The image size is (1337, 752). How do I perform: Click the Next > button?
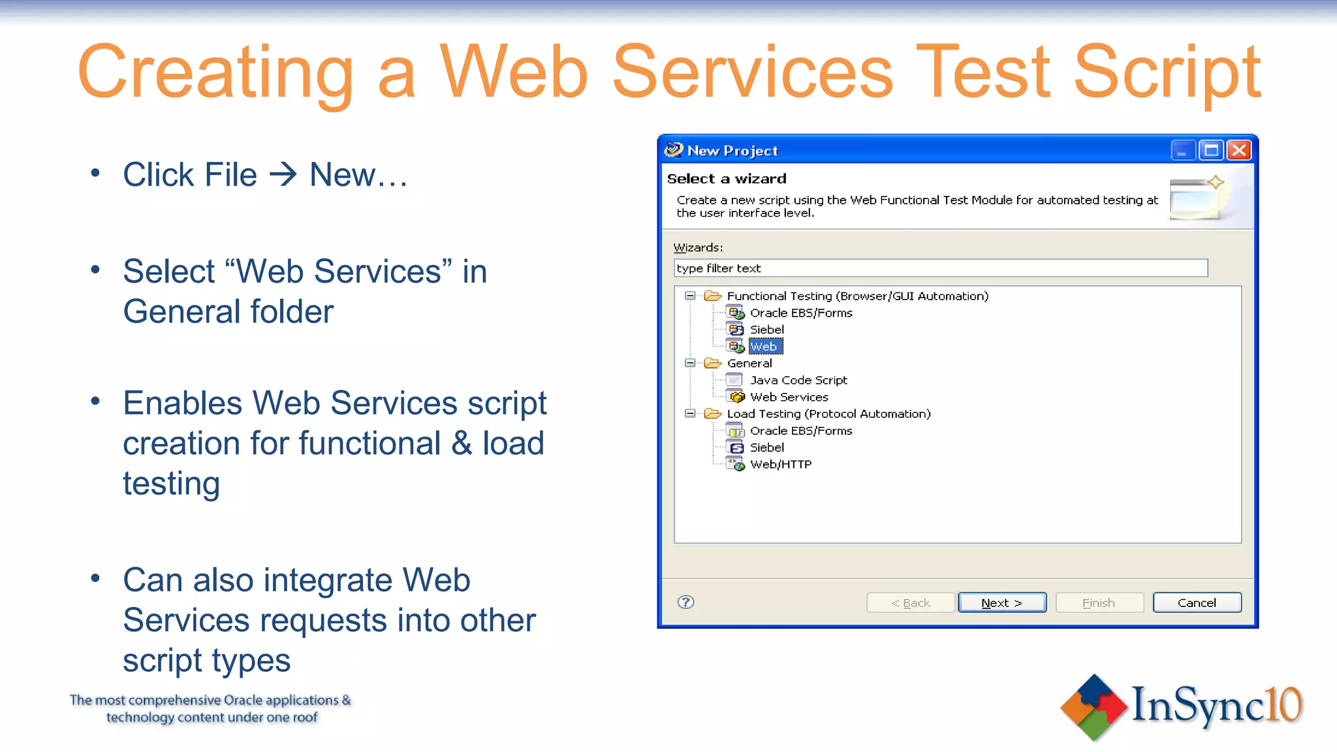coord(1001,603)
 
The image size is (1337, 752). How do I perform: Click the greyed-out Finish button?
coord(1099,603)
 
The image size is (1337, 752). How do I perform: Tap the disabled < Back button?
coord(910,603)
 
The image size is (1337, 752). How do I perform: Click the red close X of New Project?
coord(1238,151)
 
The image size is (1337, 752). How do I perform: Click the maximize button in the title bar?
coord(1211,151)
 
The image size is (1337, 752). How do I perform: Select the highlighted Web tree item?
coord(764,347)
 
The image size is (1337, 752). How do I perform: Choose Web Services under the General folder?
coord(789,397)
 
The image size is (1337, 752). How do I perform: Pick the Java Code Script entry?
coord(798,380)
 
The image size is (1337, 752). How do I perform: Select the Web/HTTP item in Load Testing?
coord(780,464)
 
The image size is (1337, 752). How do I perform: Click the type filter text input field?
coord(940,268)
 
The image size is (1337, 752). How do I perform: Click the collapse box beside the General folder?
coord(689,363)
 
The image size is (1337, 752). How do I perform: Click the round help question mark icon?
coord(685,602)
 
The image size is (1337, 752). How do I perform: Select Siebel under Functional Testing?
coord(766,330)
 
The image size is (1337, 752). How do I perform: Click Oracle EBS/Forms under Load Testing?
coord(800,431)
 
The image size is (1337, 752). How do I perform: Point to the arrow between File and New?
coord(283,175)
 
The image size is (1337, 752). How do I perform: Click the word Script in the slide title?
coord(1167,72)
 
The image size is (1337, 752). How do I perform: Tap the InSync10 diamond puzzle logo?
coord(1093,708)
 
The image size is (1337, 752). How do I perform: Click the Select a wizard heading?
coord(727,179)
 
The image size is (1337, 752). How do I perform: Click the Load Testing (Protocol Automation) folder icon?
coord(712,414)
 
